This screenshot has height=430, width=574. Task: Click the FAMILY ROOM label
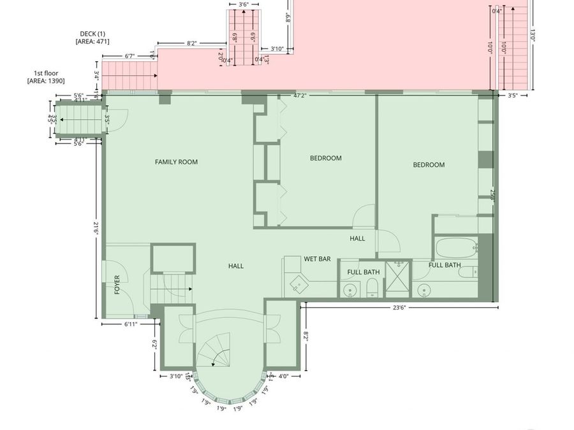[176, 162]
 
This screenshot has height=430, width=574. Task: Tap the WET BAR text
[317, 259]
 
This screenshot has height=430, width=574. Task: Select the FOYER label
[117, 284]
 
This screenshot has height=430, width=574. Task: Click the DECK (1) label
[92, 33]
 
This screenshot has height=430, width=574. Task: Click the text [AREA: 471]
[92, 41]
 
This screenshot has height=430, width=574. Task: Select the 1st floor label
[42, 73]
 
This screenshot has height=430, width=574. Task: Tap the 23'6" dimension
[399, 307]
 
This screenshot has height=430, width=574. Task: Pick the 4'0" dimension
[284, 376]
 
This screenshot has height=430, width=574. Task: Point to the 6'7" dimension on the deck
[129, 56]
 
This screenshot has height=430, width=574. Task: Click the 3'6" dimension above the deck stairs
[244, 4]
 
